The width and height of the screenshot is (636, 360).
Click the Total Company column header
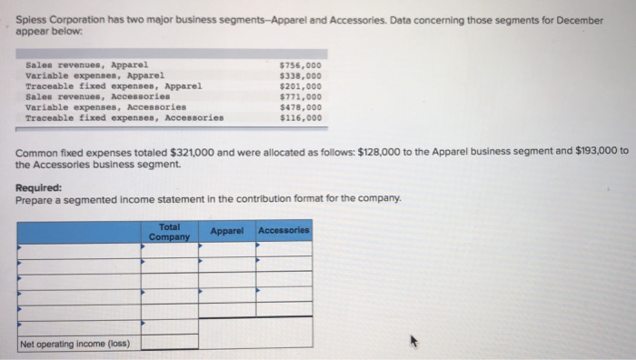click(169, 232)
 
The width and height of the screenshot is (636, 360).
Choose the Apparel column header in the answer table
click(226, 232)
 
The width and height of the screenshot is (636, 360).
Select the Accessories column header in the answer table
click(283, 231)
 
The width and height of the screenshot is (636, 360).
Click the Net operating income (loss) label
click(75, 344)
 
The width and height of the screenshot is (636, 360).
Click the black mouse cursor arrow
click(414, 343)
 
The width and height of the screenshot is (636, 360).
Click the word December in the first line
click(597, 20)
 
